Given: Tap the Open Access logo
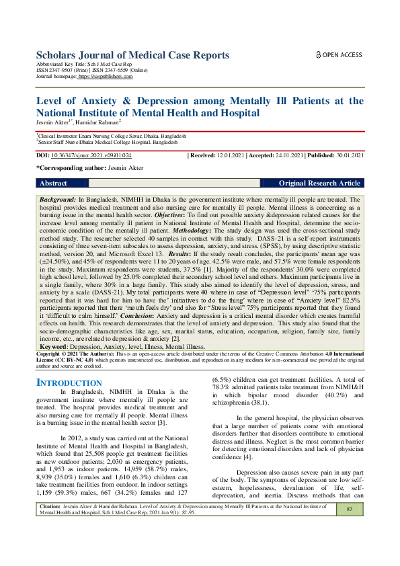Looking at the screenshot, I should tap(339, 54).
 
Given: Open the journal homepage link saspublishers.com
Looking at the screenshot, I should tap(106, 77).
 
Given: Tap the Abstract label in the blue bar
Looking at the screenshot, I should tap(54, 183).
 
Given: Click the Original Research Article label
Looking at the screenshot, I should tap(319, 183).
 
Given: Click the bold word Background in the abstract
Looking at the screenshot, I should tap(57, 200).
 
